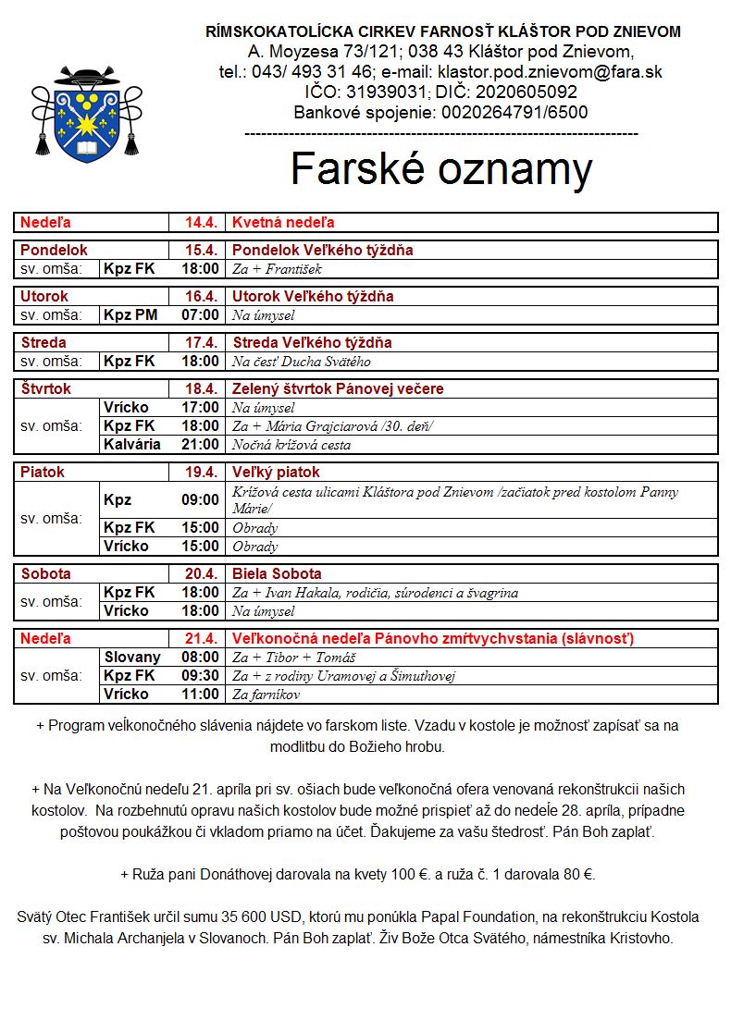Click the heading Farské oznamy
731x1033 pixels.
440,169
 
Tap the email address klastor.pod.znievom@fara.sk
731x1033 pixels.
551,71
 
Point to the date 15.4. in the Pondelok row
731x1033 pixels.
201,251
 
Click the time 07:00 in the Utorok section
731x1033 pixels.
201,315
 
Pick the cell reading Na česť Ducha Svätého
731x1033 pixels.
302,362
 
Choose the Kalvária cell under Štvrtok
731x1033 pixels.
132,445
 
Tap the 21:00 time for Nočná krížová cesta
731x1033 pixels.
201,445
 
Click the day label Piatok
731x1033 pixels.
43,473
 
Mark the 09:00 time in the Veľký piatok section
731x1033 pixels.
201,500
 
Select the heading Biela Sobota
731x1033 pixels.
277,574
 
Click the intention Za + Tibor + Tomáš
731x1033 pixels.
285,658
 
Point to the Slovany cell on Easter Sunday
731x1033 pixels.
132,658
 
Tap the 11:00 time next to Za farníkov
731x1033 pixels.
201,695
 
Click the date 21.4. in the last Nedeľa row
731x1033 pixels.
201,639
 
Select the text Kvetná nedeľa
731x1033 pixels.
283,223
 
